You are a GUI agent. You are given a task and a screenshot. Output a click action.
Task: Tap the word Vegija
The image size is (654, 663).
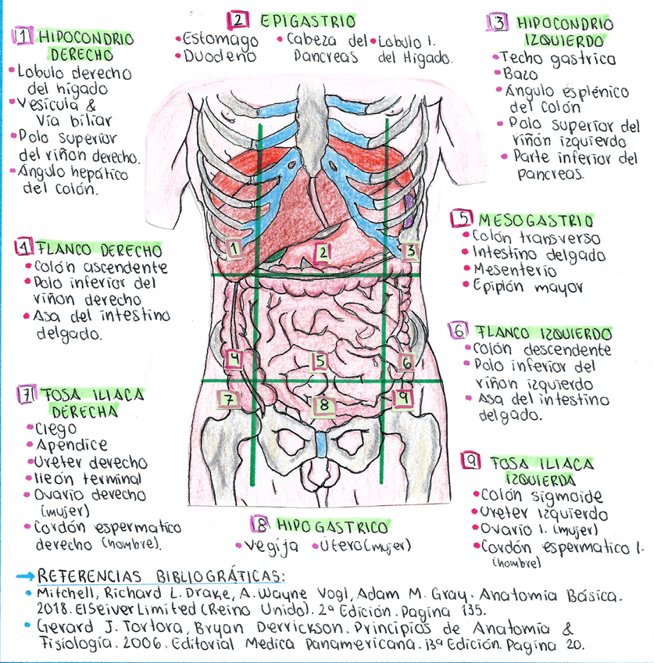271,546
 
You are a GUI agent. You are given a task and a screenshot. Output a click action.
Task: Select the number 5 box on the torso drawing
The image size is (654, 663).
319,360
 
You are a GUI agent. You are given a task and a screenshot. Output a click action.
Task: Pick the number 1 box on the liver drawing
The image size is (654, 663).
233,249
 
